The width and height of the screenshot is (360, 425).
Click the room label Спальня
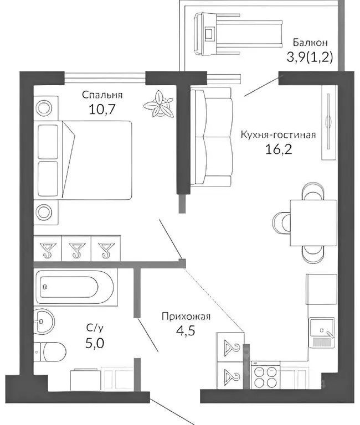pos(102,95)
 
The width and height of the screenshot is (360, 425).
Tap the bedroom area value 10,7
pos(102,108)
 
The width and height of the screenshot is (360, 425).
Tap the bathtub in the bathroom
pos(74,287)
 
